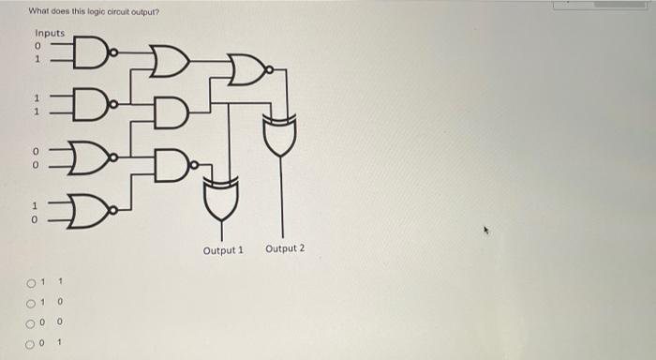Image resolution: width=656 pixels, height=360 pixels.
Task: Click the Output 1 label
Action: pos(222,250)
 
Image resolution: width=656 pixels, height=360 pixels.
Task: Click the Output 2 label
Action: pos(285,248)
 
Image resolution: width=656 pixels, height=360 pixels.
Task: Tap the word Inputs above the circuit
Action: pos(50,33)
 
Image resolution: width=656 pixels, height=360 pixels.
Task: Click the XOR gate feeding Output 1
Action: pos(222,196)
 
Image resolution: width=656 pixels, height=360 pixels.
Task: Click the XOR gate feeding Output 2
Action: pos(280,137)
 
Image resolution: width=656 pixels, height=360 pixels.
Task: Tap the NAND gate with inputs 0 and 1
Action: pos(88,53)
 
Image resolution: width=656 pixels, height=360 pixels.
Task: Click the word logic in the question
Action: pos(96,11)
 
